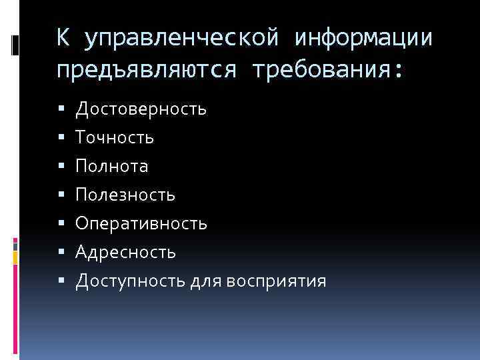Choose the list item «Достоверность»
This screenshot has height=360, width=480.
click(141, 109)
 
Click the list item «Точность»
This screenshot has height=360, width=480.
click(115, 137)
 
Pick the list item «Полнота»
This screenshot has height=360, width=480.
click(112, 166)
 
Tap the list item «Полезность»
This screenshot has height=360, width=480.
click(125, 195)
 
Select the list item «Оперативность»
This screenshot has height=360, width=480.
click(141, 223)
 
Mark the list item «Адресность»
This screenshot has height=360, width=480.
click(126, 252)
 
